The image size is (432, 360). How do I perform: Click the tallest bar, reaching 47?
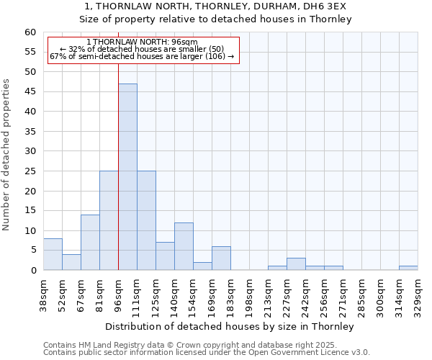127,177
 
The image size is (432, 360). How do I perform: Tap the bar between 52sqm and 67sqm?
71,262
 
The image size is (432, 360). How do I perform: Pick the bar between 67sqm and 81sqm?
90,243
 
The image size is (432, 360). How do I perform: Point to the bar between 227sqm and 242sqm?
296,264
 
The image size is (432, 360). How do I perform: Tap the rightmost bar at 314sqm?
408,268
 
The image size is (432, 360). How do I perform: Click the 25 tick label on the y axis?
30,171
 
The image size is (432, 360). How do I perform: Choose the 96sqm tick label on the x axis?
118,294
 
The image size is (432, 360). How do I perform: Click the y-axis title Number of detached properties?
7,155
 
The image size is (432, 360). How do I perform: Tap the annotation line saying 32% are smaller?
142,49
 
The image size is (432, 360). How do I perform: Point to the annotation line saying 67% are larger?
142,56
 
